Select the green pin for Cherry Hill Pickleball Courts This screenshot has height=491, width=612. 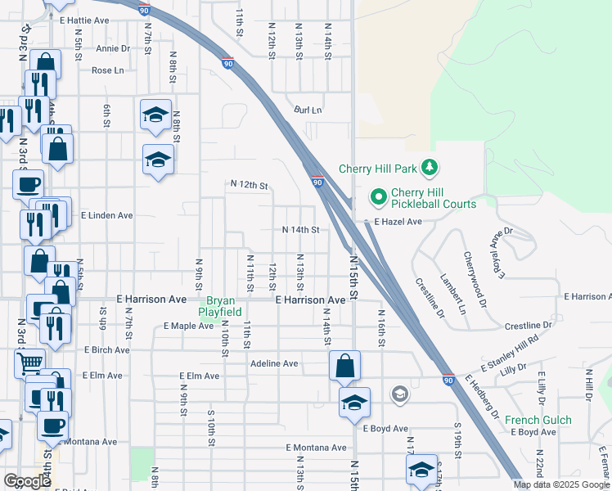tap(379, 197)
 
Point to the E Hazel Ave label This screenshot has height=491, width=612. tap(398, 222)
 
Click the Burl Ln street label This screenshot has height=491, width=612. tap(308, 110)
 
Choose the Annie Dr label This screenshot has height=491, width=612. tap(113, 48)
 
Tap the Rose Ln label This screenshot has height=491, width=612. tap(107, 70)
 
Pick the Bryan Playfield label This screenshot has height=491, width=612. tap(223, 306)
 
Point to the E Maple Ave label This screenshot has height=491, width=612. tap(188, 326)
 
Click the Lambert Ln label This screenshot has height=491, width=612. tap(452, 294)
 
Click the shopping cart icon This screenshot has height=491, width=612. tap(30, 362)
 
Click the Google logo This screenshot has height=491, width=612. tap(27, 480)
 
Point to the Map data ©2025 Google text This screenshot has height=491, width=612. tap(560, 484)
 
